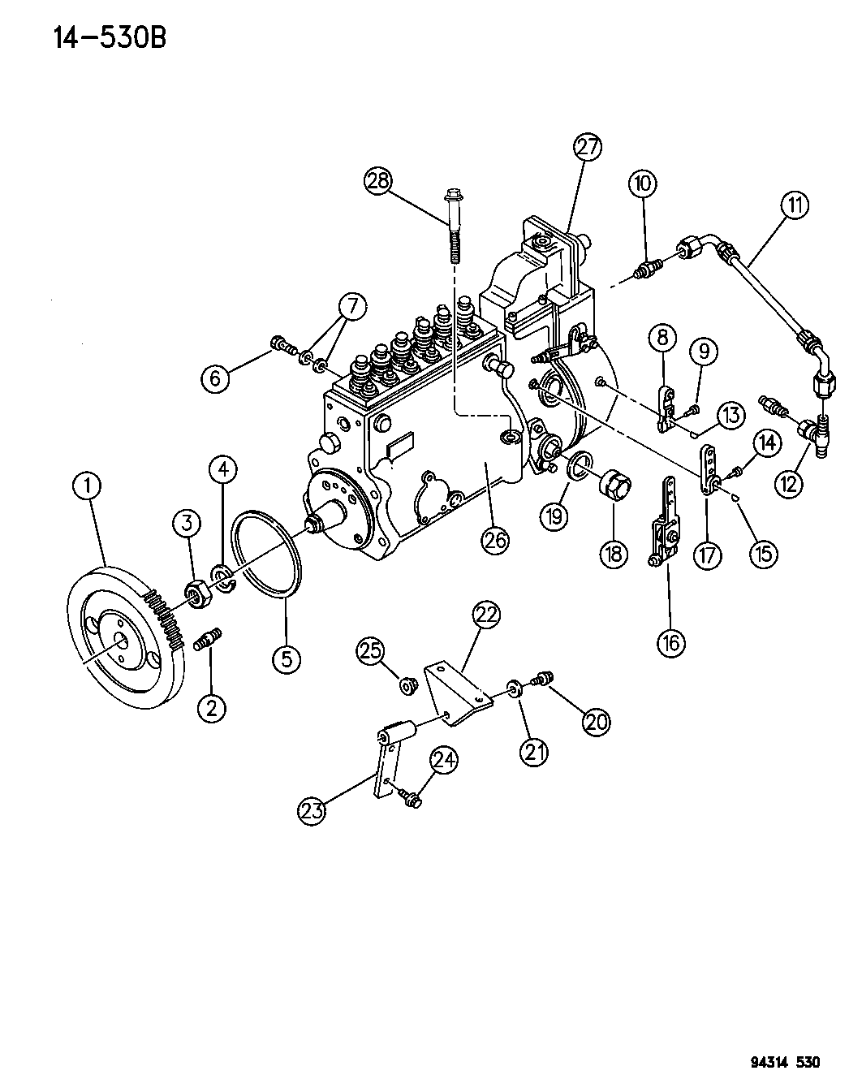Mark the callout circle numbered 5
[287, 658]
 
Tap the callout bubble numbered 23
[313, 809]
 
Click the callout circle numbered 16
[670, 642]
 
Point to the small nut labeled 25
[409, 686]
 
